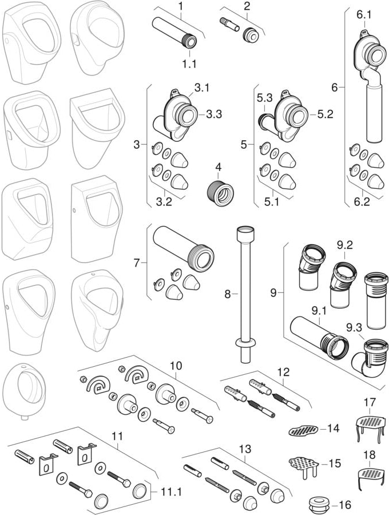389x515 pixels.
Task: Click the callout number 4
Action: click(x=217, y=169)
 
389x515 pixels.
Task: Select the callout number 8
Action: click(x=227, y=294)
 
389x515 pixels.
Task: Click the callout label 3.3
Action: click(x=214, y=114)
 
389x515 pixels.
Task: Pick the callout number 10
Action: click(x=176, y=364)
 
